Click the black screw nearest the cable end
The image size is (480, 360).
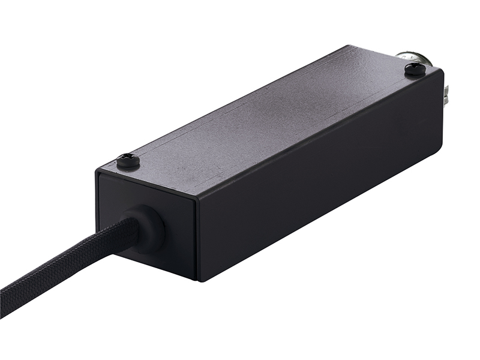128,160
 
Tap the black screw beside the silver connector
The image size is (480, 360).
415,69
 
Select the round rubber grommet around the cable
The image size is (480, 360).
148,229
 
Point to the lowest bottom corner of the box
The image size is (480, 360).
199,281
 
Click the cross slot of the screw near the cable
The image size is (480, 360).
128,159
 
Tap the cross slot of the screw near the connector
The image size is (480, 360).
415,68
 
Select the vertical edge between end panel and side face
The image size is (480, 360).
197,240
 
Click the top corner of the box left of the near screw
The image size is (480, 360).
97,172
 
